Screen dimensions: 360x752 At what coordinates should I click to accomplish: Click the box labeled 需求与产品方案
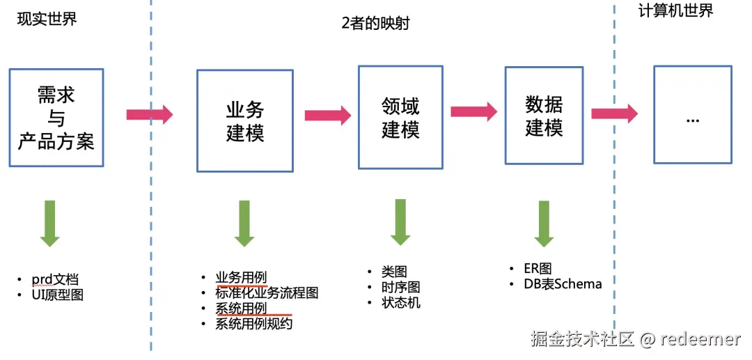(56, 118)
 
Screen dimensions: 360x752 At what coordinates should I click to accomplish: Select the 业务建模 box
(244, 120)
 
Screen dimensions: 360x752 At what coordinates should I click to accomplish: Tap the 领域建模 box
(400, 118)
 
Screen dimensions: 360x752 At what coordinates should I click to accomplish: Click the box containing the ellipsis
(692, 115)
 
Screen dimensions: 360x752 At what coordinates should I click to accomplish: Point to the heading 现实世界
(47, 19)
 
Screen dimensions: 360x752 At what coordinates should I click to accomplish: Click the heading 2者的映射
(375, 23)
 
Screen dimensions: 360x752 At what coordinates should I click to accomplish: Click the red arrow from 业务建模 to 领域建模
(328, 114)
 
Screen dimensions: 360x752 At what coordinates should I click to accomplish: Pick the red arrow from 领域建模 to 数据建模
(473, 111)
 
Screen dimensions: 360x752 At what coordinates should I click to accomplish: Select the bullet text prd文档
(55, 280)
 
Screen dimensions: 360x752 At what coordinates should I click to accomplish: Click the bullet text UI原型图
(57, 295)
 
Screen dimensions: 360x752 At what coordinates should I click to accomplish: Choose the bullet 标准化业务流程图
(267, 293)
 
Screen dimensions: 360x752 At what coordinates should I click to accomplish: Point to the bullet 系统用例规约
(254, 323)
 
